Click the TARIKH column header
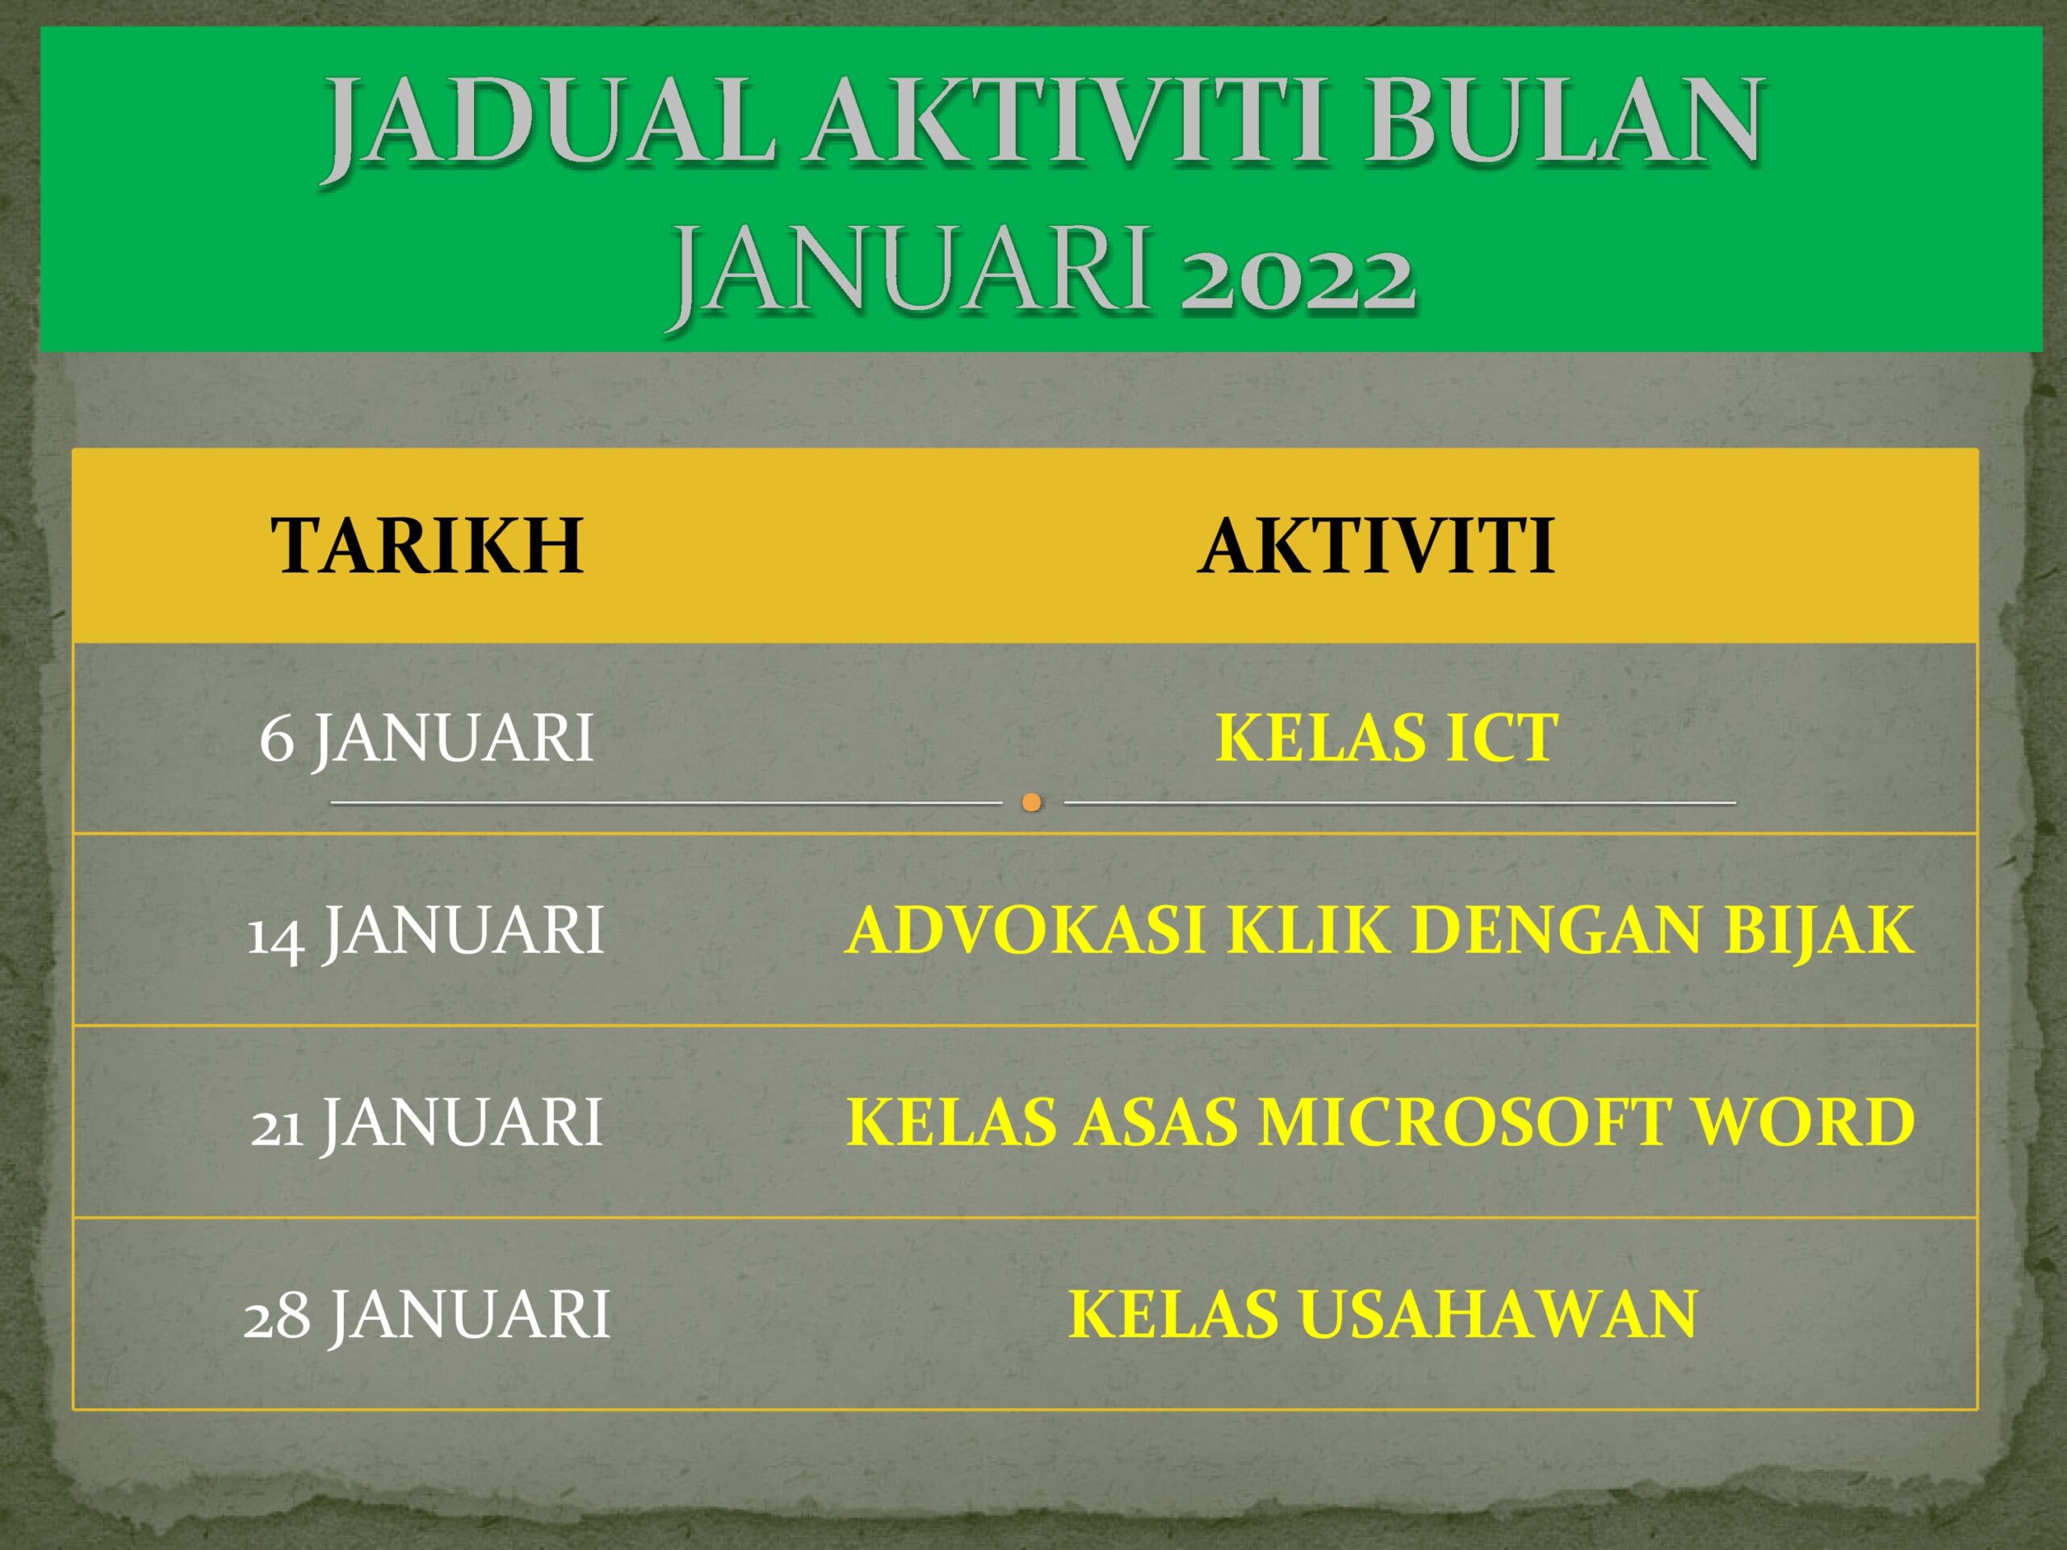[x=427, y=546]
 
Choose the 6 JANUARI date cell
[x=426, y=738]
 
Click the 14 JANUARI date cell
[x=426, y=931]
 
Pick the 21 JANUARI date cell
[x=426, y=1122]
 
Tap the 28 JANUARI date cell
[x=426, y=1313]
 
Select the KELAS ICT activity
[x=1386, y=738]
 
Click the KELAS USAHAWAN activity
[x=1383, y=1313]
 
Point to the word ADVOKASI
[x=1025, y=931]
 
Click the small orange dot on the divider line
[x=1032, y=802]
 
